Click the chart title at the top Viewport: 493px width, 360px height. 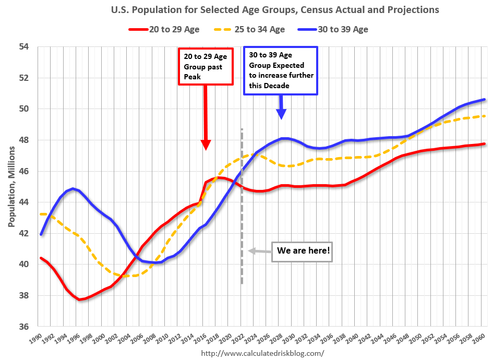[275, 10]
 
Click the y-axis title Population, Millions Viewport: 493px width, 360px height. [11, 186]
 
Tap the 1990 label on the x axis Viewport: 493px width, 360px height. [35, 338]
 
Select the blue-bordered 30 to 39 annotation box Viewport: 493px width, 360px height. [281, 70]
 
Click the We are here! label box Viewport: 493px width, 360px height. [303, 251]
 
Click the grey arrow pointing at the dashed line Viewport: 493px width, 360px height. [259, 251]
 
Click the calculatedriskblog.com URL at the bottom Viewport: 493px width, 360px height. [262, 353]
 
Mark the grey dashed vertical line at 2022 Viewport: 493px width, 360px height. [242, 209]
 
